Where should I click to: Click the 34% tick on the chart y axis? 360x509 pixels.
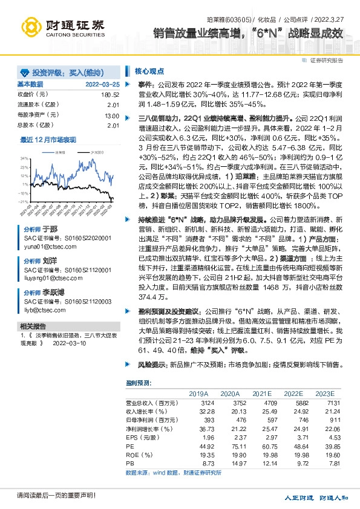point(24,157)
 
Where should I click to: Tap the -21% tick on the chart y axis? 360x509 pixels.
point(23,201)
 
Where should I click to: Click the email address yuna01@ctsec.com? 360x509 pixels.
point(45,246)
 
